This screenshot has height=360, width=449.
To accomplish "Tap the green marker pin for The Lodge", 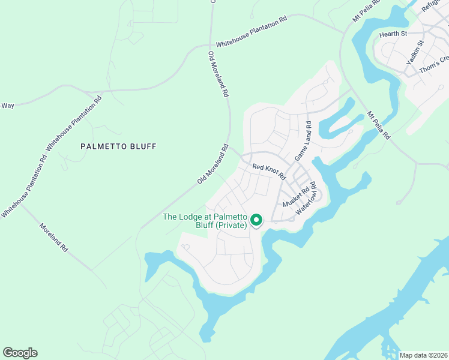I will coord(256,220).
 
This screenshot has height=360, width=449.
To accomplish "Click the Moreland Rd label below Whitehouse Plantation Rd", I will coord(54,238).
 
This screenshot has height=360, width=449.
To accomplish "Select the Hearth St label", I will coord(393,35).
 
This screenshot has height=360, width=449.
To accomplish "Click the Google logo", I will coord(20,353).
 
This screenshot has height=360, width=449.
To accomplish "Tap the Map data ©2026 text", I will coord(423,355).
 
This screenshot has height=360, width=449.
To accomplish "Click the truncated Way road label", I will coord(8,106).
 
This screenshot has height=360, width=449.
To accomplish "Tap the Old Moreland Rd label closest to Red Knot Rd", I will coord(213,164).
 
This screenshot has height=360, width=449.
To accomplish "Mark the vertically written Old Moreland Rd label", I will coord(218,74).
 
